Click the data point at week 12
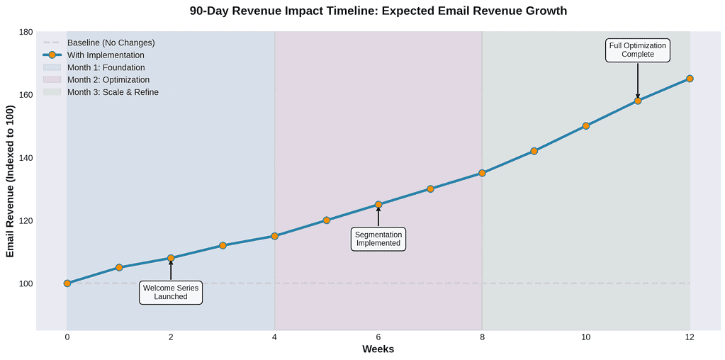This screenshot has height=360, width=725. [x=690, y=79]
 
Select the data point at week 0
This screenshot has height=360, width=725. [x=67, y=283]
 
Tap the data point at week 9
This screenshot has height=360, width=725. [x=534, y=151]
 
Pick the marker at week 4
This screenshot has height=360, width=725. [x=275, y=236]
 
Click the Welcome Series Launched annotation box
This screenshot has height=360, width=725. [x=171, y=292]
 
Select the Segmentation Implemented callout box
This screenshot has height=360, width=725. [x=378, y=239]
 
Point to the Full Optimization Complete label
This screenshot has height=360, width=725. [x=638, y=50]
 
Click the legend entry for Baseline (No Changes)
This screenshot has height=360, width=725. [x=111, y=43]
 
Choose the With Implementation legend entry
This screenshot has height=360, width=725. [x=106, y=55]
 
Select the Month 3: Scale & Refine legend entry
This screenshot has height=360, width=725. [x=113, y=92]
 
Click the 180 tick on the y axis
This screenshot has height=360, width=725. [x=26, y=33]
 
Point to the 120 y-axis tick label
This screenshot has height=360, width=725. [x=26, y=221]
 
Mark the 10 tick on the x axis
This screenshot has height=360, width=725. [x=585, y=337]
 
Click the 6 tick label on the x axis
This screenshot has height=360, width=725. [x=378, y=337]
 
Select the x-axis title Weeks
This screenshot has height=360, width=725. [x=378, y=349]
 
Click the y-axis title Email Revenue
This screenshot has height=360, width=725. [x=10, y=181]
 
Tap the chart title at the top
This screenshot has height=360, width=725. [x=378, y=11]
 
